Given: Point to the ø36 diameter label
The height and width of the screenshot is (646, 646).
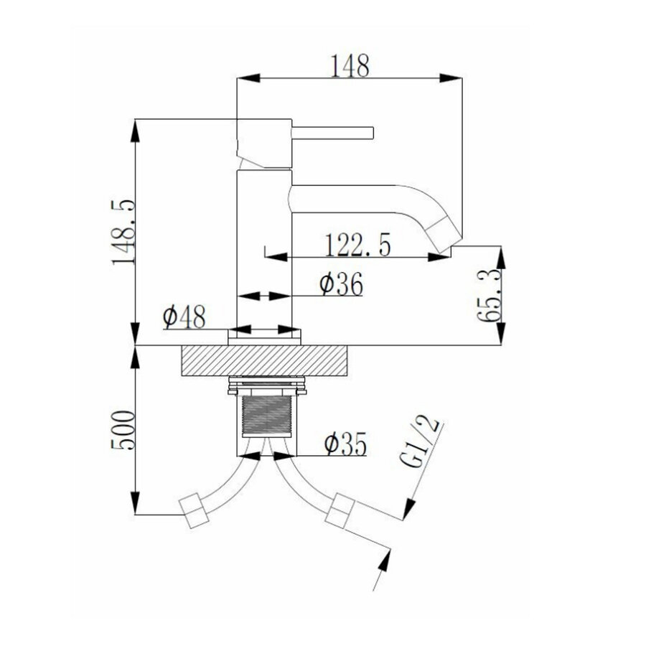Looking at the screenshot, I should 340,284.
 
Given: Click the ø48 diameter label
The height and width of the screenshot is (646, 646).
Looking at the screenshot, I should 184,316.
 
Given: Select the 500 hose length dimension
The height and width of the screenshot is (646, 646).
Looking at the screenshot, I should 123,430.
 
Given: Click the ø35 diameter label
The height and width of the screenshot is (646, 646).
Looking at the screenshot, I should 345,445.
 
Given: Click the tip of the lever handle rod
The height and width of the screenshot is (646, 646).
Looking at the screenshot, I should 372,132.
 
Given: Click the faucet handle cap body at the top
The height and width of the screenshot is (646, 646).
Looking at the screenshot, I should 263,144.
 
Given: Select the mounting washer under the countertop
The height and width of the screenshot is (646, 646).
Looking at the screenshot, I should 265,388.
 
